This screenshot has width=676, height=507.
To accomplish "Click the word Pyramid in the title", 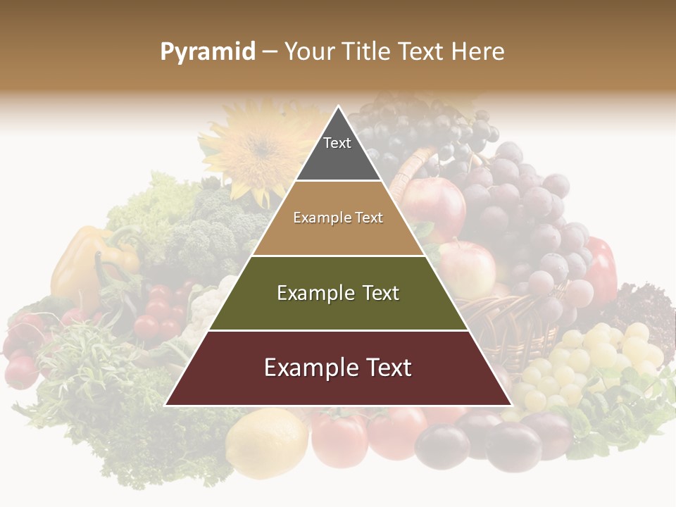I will tap(208, 52).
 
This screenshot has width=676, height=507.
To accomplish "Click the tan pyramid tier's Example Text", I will tap(338, 218).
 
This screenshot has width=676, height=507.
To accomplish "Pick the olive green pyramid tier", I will tap(338, 294).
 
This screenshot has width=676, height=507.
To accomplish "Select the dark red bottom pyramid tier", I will tap(338, 368).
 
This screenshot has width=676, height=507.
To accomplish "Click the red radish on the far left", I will tap(21, 370).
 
